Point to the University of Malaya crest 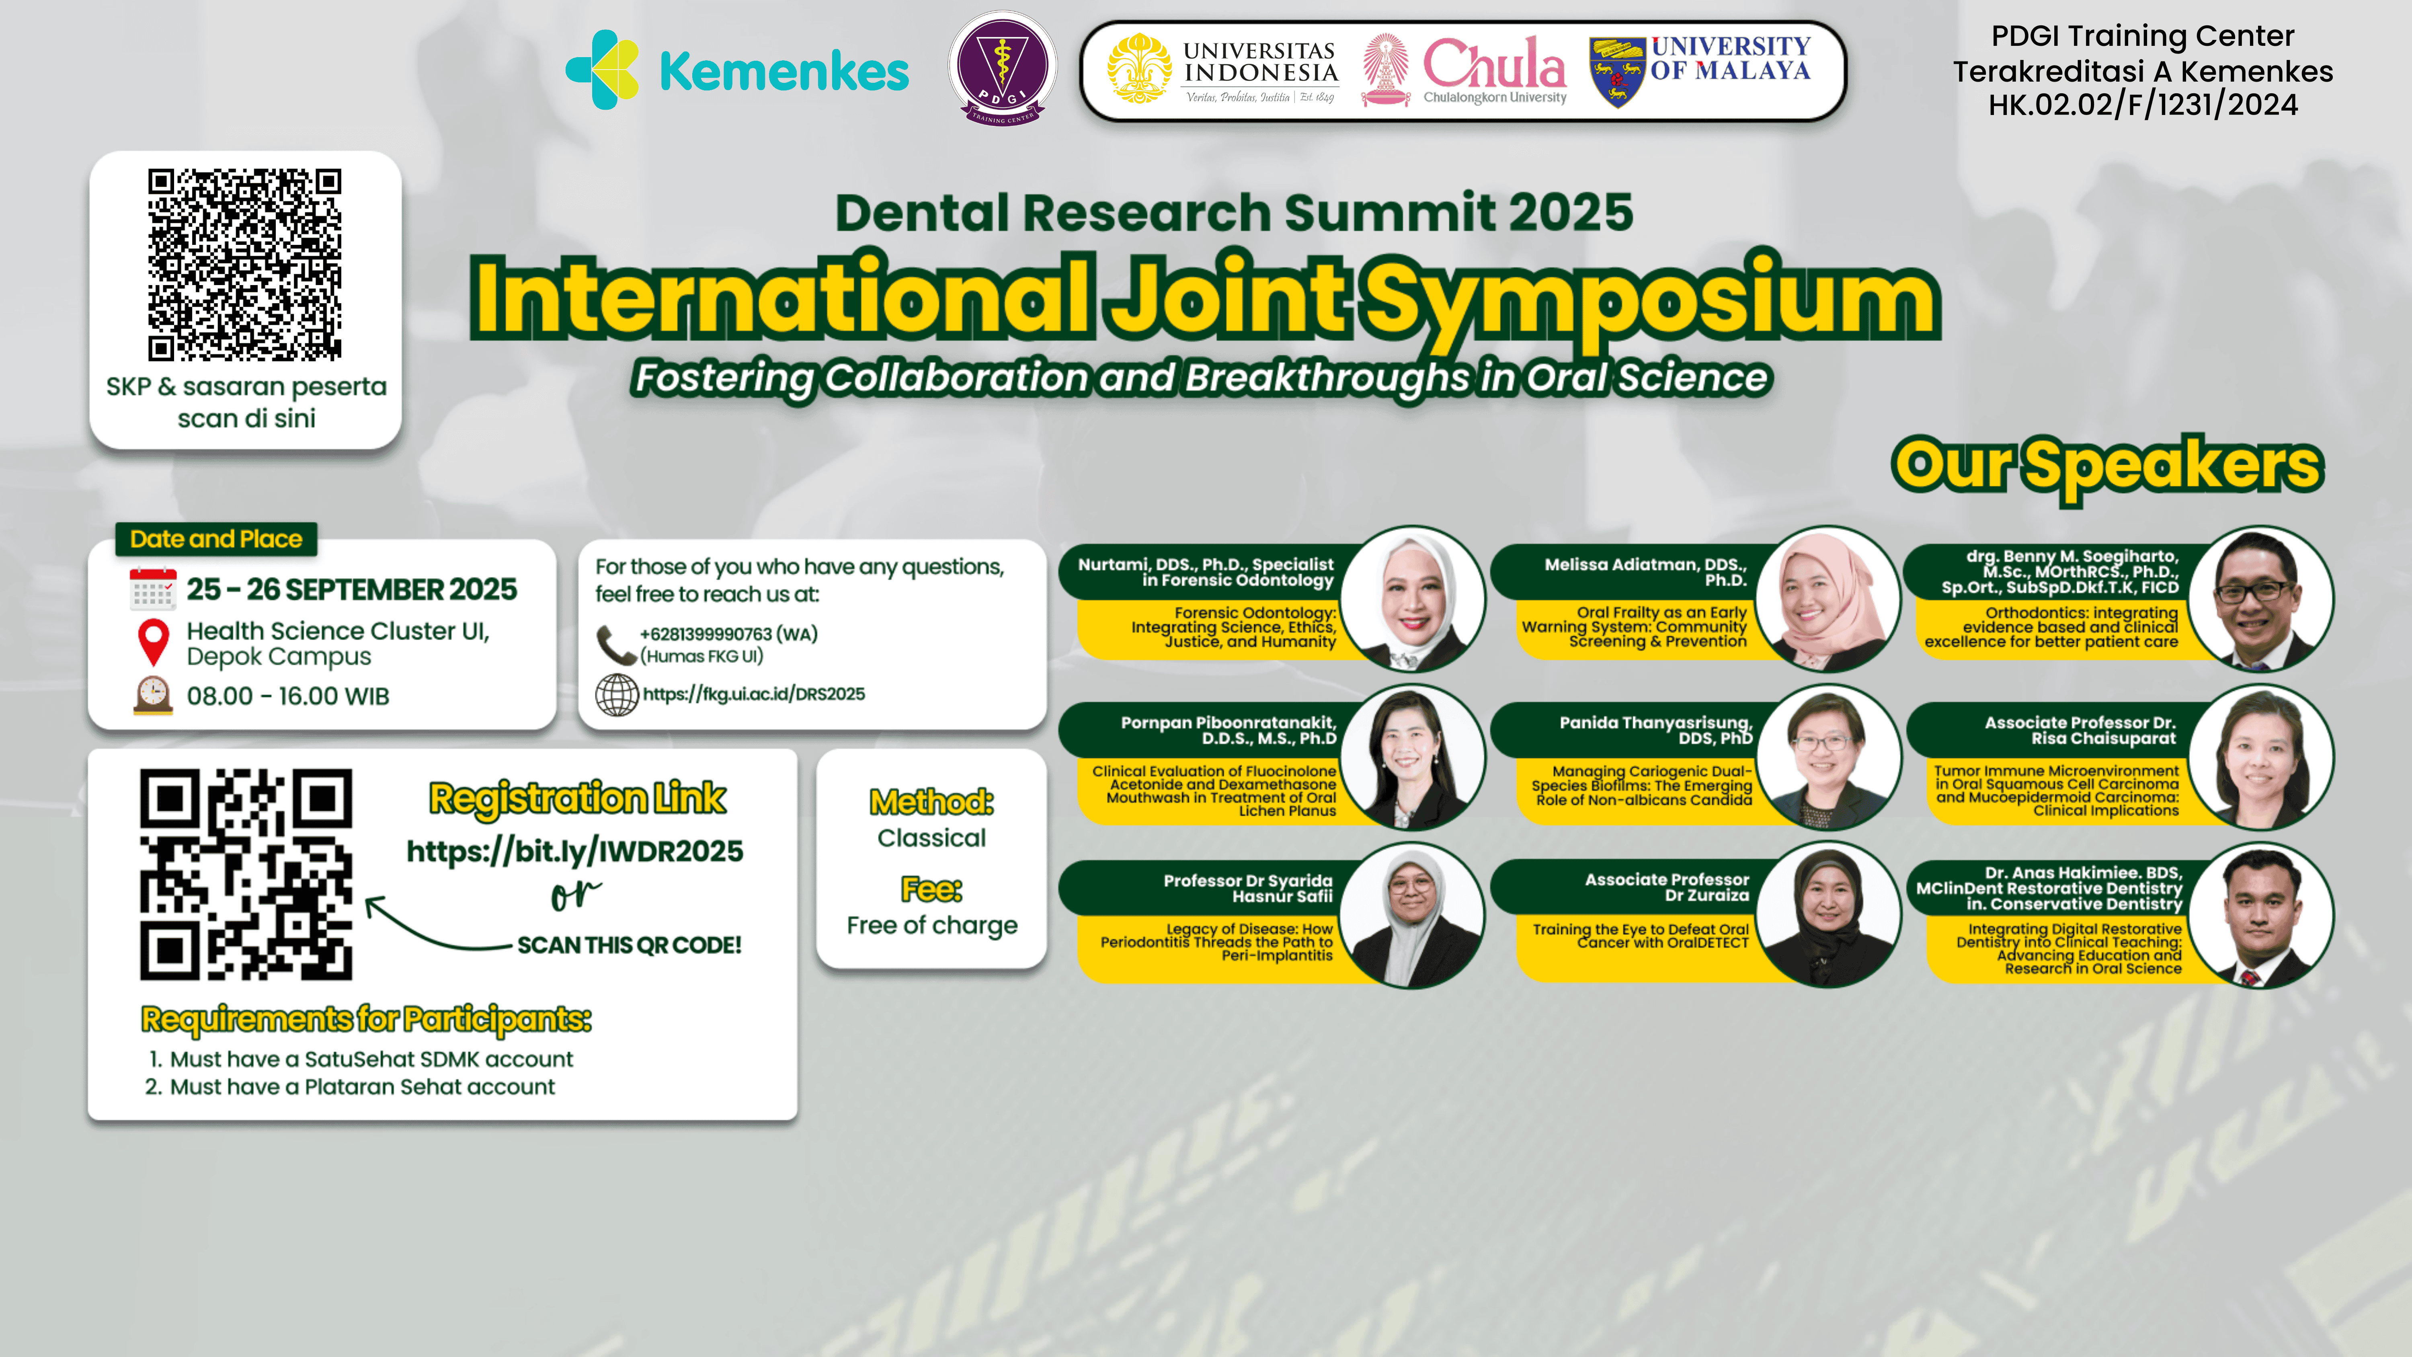[1617, 71]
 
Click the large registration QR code [246, 875]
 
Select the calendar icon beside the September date [153, 589]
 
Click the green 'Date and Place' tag [216, 540]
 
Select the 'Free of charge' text [932, 925]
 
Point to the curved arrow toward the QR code [435, 927]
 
